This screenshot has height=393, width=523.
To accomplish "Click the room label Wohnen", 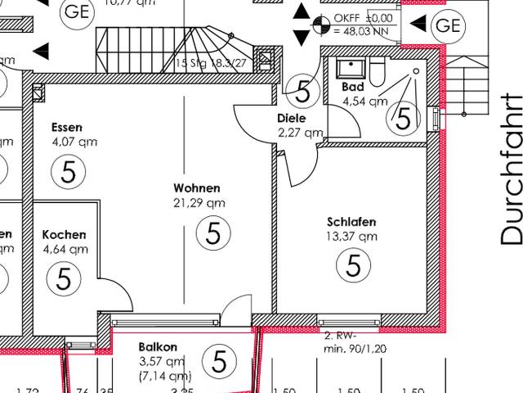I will pyautogui.click(x=197, y=188).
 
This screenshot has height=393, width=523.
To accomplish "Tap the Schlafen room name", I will pyautogui.click(x=351, y=222).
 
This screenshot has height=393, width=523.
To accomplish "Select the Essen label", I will pyautogui.click(x=66, y=128).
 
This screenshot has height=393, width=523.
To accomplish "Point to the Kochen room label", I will pyautogui.click(x=65, y=235).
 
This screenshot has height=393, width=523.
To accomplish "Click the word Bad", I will pyautogui.click(x=351, y=86).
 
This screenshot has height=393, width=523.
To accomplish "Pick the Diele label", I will pyautogui.click(x=292, y=118).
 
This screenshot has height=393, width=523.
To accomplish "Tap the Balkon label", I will pyautogui.click(x=158, y=347).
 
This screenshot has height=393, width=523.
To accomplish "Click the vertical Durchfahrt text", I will pyautogui.click(x=511, y=169).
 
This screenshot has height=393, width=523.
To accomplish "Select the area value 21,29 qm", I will pyautogui.click(x=199, y=202).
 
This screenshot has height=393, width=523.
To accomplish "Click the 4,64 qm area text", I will pyautogui.click(x=65, y=250).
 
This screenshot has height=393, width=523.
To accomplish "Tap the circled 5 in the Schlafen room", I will pyautogui.click(x=354, y=265).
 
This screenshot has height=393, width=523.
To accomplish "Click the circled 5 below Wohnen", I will pyautogui.click(x=213, y=234).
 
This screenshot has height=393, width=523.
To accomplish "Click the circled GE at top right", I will pyautogui.click(x=448, y=25).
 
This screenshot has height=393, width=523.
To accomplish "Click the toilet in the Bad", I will pyautogui.click(x=377, y=76).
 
